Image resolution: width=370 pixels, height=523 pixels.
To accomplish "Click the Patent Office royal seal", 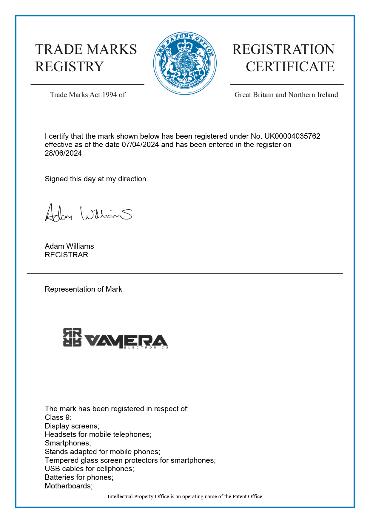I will click(185, 63).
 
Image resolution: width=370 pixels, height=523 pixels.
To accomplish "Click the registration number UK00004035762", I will click(292, 136).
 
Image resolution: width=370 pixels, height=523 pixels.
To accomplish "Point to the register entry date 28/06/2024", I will click(63, 153).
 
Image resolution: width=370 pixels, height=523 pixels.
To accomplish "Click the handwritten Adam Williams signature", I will click(88, 213).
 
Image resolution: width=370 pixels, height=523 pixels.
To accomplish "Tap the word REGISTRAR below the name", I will click(67, 255).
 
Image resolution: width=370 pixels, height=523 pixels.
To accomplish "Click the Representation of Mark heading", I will click(84, 289).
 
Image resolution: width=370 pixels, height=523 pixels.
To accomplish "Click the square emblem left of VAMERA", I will click(72, 337).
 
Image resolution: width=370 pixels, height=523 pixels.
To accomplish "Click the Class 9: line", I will click(58, 417).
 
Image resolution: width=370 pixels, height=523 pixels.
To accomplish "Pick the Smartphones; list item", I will click(68, 443).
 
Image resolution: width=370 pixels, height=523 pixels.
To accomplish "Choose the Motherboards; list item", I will click(69, 486).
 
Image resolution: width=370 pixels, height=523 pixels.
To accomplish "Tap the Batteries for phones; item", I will click(79, 477).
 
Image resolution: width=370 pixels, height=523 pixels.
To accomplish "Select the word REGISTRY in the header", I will click(70, 66).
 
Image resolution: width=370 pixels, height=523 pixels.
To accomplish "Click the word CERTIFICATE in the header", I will click(290, 66).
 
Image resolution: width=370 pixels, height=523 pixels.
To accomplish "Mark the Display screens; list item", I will click(72, 426).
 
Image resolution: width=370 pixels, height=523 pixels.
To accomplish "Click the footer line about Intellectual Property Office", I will click(185, 496).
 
